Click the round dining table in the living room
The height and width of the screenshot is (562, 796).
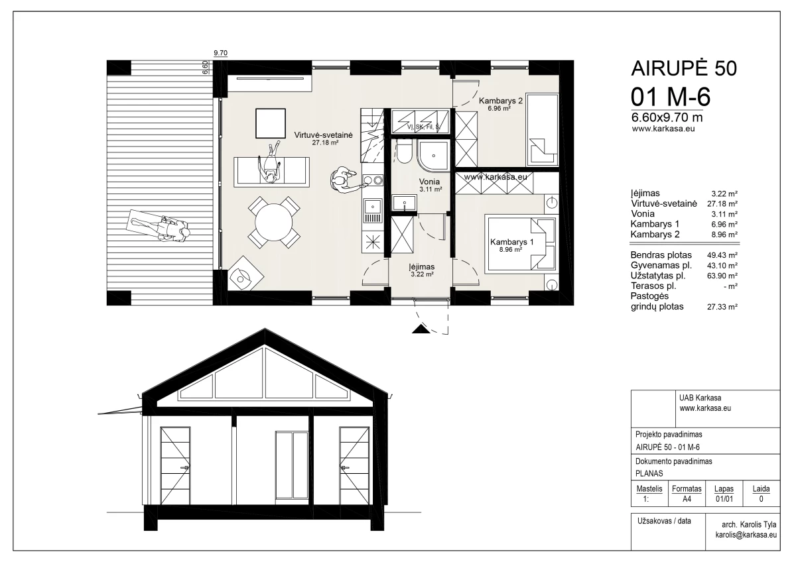[x=273, y=222]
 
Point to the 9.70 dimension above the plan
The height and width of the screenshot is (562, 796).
[x=220, y=52]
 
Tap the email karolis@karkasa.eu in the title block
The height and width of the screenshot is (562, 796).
[x=745, y=534]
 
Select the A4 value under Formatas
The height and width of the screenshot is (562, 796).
[x=687, y=499]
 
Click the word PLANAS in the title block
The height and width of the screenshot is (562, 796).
[x=651, y=473]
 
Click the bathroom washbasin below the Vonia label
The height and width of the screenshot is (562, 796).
[x=403, y=203]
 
